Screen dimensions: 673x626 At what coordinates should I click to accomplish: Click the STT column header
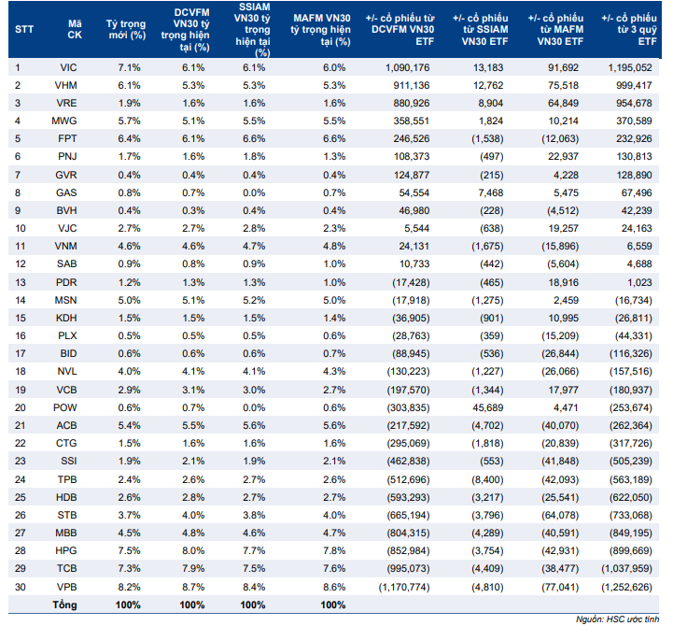tap(24, 30)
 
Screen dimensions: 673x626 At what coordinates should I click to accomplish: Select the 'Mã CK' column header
tap(75, 30)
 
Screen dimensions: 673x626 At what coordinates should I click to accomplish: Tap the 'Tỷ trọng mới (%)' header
tap(126, 30)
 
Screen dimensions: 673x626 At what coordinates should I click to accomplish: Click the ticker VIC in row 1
tap(68, 67)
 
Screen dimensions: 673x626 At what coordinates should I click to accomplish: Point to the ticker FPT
tap(67, 139)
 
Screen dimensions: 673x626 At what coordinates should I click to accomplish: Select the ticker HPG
tap(66, 551)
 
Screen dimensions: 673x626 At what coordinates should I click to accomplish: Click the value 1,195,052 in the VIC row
tap(630, 67)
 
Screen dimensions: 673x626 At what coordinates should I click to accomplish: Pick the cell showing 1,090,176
tap(407, 67)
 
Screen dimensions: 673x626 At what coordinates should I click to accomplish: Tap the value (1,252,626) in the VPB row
tap(626, 587)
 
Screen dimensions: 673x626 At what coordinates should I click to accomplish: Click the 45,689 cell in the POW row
tap(487, 407)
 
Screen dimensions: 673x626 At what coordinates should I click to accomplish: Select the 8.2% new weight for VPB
tap(129, 587)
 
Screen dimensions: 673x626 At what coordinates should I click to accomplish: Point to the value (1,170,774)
tap(404, 587)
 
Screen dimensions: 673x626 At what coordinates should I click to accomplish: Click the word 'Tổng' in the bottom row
tap(64, 605)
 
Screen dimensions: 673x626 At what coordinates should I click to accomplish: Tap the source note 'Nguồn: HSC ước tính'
tap(617, 619)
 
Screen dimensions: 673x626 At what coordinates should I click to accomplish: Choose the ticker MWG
tap(64, 121)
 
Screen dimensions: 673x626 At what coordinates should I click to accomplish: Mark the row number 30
tap(21, 587)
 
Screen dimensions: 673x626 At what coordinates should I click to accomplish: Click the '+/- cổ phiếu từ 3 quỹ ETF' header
tap(629, 30)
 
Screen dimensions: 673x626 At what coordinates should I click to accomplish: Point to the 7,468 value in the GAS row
tap(491, 192)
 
